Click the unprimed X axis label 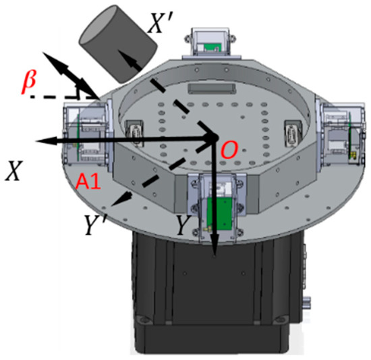(x=12, y=173)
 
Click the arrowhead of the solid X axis (x=39, y=140)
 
